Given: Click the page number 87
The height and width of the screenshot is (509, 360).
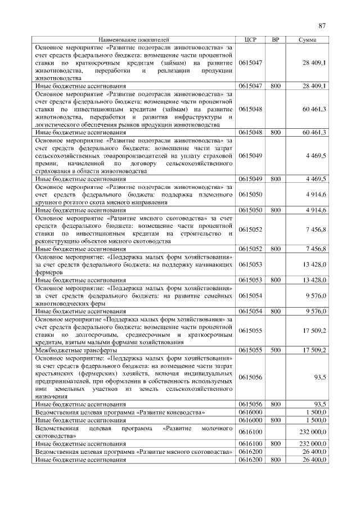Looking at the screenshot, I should [322, 25].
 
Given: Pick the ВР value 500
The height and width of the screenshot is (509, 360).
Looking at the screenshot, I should [275, 350].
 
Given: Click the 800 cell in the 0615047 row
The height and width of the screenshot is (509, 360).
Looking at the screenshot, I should [275, 85].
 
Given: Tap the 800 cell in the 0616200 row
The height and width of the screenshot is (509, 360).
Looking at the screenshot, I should [275, 460].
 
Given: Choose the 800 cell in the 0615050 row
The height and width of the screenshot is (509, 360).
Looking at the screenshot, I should [275, 210].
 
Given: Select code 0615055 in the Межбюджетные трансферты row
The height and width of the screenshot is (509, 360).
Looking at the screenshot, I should [250, 350].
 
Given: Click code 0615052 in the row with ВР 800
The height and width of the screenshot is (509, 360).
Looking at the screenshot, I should [250, 249].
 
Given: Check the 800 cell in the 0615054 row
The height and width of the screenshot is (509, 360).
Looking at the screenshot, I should [275, 310].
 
